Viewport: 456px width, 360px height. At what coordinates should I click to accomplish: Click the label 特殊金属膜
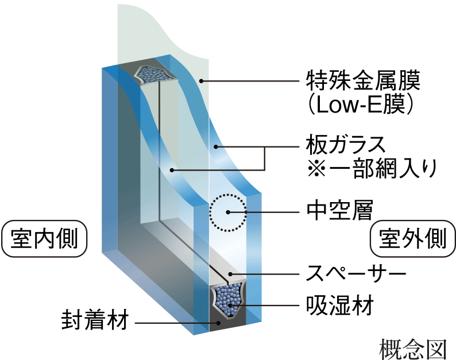pyautogui.click(x=362, y=80)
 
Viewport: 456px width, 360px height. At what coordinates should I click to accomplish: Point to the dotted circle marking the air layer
pyautogui.click(x=227, y=212)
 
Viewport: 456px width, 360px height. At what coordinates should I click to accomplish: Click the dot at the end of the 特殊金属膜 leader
pyautogui.click(x=200, y=80)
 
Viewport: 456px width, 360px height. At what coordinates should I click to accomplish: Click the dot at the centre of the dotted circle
pyautogui.click(x=227, y=212)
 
